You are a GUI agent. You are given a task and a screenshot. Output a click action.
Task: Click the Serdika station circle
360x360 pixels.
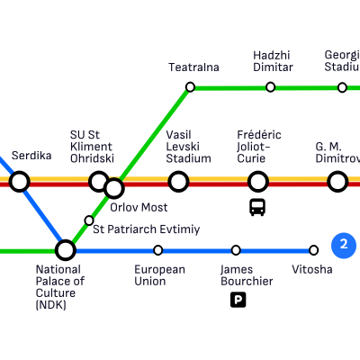[20, 182]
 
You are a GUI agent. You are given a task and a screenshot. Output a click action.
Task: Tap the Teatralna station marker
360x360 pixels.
[190, 87]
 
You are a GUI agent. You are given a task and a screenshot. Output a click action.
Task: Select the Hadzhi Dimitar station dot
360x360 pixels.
[270, 87]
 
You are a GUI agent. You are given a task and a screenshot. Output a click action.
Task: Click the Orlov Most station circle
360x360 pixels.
[114, 188]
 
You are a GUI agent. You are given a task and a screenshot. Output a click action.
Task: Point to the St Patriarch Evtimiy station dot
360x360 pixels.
[89, 220]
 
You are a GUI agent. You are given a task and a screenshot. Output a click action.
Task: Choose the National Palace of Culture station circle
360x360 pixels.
[66, 250]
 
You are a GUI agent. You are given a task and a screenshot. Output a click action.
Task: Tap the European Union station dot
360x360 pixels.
[158, 250]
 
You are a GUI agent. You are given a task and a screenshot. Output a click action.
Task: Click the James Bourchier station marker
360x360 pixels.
[236, 250]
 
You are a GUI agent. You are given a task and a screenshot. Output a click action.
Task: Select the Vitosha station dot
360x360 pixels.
[313, 250]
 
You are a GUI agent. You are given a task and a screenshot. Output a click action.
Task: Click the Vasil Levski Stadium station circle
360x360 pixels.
[178, 182]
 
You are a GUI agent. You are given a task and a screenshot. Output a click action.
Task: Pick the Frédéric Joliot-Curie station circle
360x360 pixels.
[257, 182]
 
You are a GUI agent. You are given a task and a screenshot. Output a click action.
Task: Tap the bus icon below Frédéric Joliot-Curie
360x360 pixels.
[257, 207]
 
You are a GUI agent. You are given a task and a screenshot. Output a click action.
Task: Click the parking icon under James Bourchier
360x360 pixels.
[238, 300]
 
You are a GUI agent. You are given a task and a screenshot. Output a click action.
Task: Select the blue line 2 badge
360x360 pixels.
[344, 245]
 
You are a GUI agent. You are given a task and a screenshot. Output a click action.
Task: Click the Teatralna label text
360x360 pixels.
[193, 67]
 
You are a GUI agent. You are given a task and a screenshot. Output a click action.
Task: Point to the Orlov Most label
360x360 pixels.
[139, 207]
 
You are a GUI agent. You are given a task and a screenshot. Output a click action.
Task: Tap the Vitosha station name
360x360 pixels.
[312, 269]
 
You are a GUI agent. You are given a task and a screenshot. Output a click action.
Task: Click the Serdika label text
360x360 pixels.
[31, 156]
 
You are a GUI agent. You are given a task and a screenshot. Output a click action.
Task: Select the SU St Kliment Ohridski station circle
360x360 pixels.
[99, 182]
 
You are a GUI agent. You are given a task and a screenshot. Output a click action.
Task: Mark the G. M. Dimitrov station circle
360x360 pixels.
[337, 182]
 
